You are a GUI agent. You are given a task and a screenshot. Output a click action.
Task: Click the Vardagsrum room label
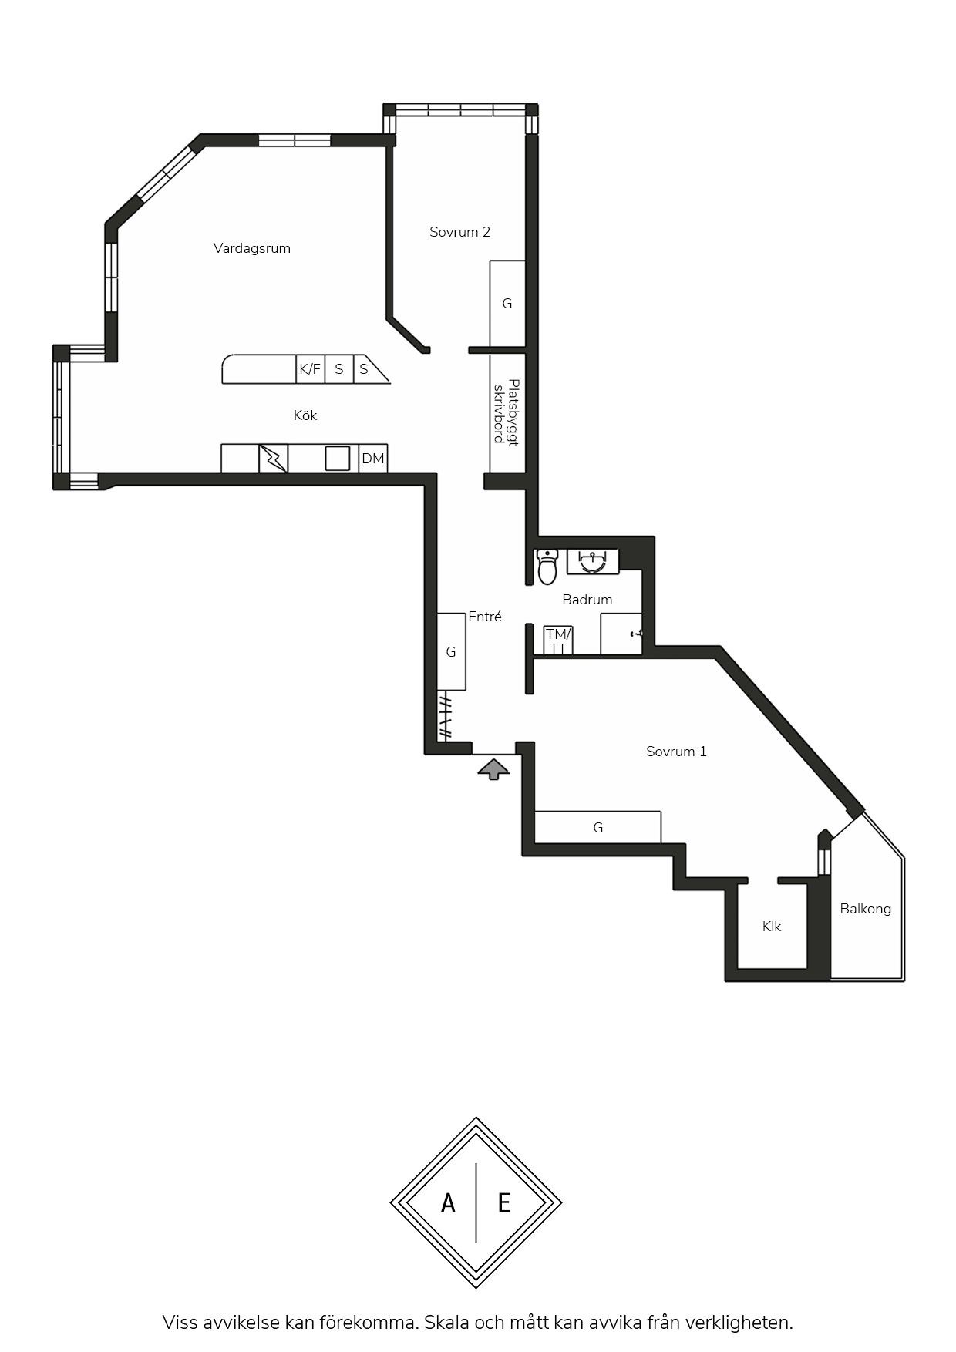pos(252,248)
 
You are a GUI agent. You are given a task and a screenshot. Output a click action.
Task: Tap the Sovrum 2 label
pos(459,232)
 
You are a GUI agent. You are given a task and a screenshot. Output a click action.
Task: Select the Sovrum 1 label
pos(676,752)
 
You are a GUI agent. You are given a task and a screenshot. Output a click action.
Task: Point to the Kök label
pos(305,415)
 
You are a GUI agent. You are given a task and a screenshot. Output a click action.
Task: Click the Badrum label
pos(587,600)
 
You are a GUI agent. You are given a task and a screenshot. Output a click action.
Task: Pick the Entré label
pos(485,617)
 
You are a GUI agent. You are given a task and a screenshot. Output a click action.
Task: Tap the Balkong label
pos(865,909)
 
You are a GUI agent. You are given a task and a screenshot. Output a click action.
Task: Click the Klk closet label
pos(772,927)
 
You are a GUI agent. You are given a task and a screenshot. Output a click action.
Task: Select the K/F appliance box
pos(310,369)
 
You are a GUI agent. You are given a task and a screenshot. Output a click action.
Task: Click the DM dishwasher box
pos(373,459)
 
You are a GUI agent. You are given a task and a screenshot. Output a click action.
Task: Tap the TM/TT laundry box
pos(558,641)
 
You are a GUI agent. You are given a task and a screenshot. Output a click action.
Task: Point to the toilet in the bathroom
pos(547,567)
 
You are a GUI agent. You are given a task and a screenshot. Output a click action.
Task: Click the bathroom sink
pos(593,561)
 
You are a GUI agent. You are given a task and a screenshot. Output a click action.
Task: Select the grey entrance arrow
pos(493,769)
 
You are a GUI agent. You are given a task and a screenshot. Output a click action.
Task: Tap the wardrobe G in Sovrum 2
pos(507,304)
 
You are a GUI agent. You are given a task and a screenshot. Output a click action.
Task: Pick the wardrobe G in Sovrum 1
pos(598,828)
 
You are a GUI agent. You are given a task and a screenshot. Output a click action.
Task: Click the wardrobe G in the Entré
pos(451,652)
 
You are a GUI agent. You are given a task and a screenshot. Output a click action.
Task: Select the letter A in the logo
pos(448,1202)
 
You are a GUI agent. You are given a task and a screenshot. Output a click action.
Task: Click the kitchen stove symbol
pos(273,459)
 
